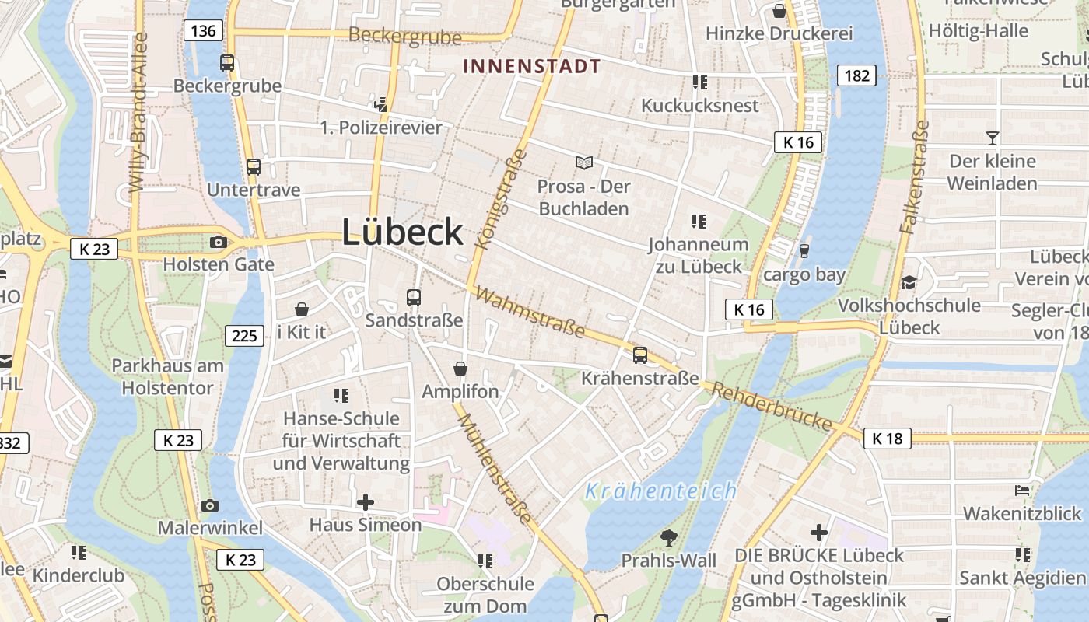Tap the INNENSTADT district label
click(532, 66)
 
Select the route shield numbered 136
click(203, 30)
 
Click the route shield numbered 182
click(856, 75)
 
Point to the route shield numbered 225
click(244, 335)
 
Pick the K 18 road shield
click(887, 439)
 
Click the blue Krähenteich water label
click(660, 491)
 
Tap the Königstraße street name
click(500, 199)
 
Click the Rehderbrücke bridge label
click(772, 405)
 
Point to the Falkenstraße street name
click(914, 177)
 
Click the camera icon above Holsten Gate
click(218, 242)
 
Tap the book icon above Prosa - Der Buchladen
click(584, 162)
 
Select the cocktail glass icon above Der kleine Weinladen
click(992, 138)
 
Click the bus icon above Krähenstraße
click(640, 355)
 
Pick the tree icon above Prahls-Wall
click(668, 536)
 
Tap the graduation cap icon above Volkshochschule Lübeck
click(909, 282)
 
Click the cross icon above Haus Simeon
click(365, 502)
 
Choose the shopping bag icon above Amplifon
click(460, 368)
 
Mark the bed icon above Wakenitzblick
click(1022, 491)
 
